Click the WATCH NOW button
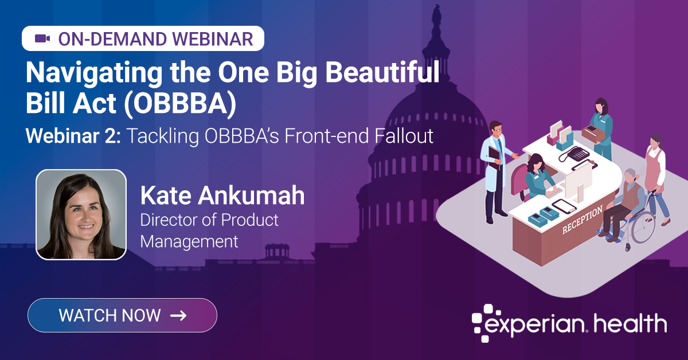(x=122, y=315)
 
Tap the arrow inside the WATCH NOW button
(x=178, y=315)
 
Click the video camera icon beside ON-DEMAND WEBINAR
(x=42, y=39)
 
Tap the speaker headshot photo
(x=81, y=214)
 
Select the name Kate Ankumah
(x=222, y=196)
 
